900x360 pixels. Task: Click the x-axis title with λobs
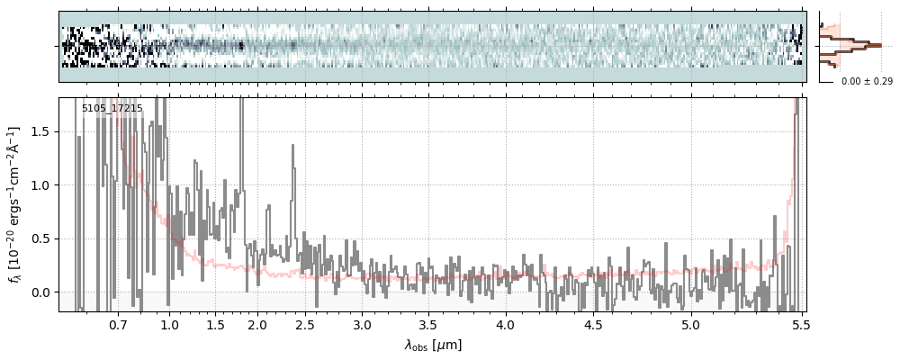coord(433,345)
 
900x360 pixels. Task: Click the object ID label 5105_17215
coord(112,109)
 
